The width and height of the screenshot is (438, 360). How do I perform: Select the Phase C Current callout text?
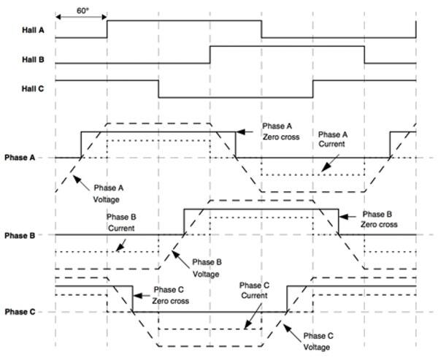[x=256, y=290]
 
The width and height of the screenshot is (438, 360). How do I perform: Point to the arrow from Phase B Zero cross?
[x=350, y=216]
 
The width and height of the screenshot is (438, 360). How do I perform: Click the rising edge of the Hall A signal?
[x=107, y=28]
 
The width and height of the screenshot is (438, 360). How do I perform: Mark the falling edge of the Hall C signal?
[x=159, y=88]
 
